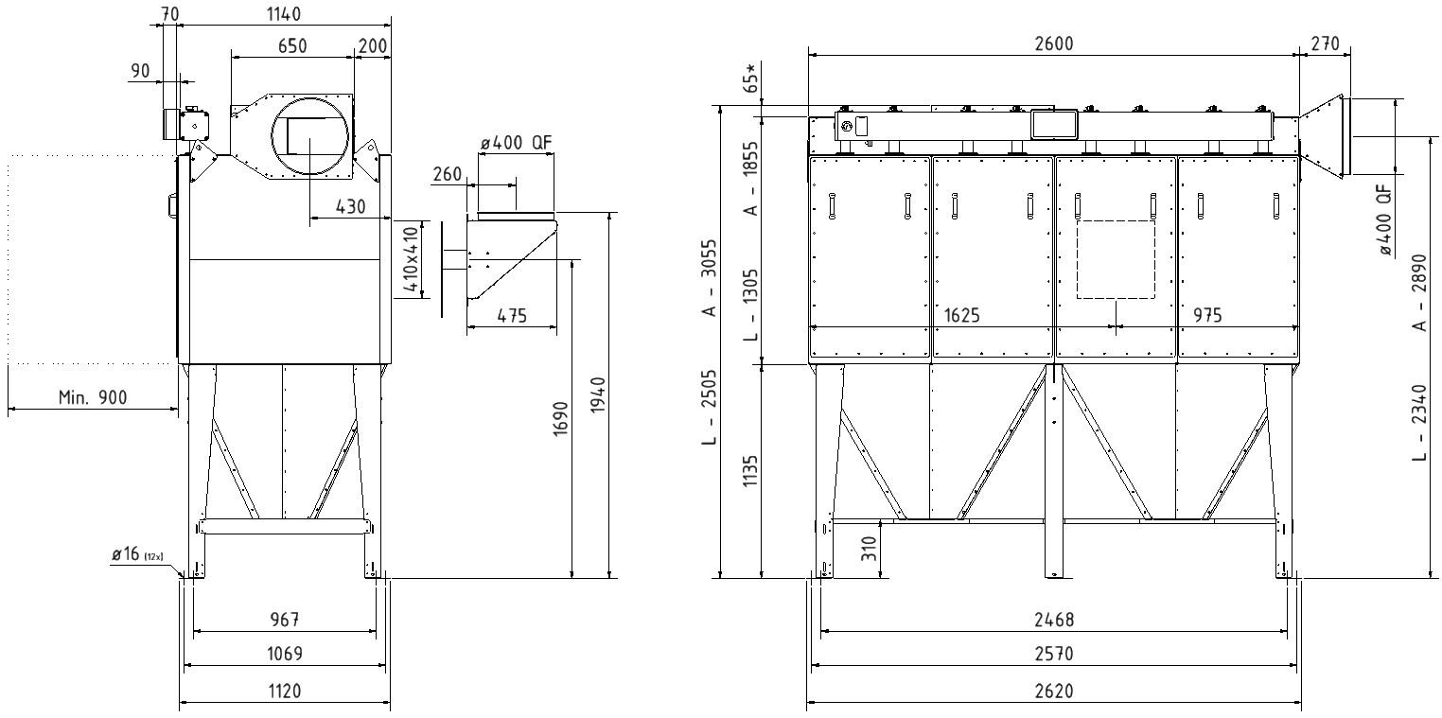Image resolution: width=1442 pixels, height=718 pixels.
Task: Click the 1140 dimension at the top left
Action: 284,13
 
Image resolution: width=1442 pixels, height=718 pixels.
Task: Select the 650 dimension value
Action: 292,45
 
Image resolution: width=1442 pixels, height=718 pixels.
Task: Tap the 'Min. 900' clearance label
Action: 93,397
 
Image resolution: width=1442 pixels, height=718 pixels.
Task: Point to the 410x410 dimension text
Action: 411,259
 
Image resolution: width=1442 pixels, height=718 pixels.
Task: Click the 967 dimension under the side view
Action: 285,619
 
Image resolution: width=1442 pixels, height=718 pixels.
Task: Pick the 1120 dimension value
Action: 285,691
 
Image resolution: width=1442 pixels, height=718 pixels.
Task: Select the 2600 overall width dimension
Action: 1054,44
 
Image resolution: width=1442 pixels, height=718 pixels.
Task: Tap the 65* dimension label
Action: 750,79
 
